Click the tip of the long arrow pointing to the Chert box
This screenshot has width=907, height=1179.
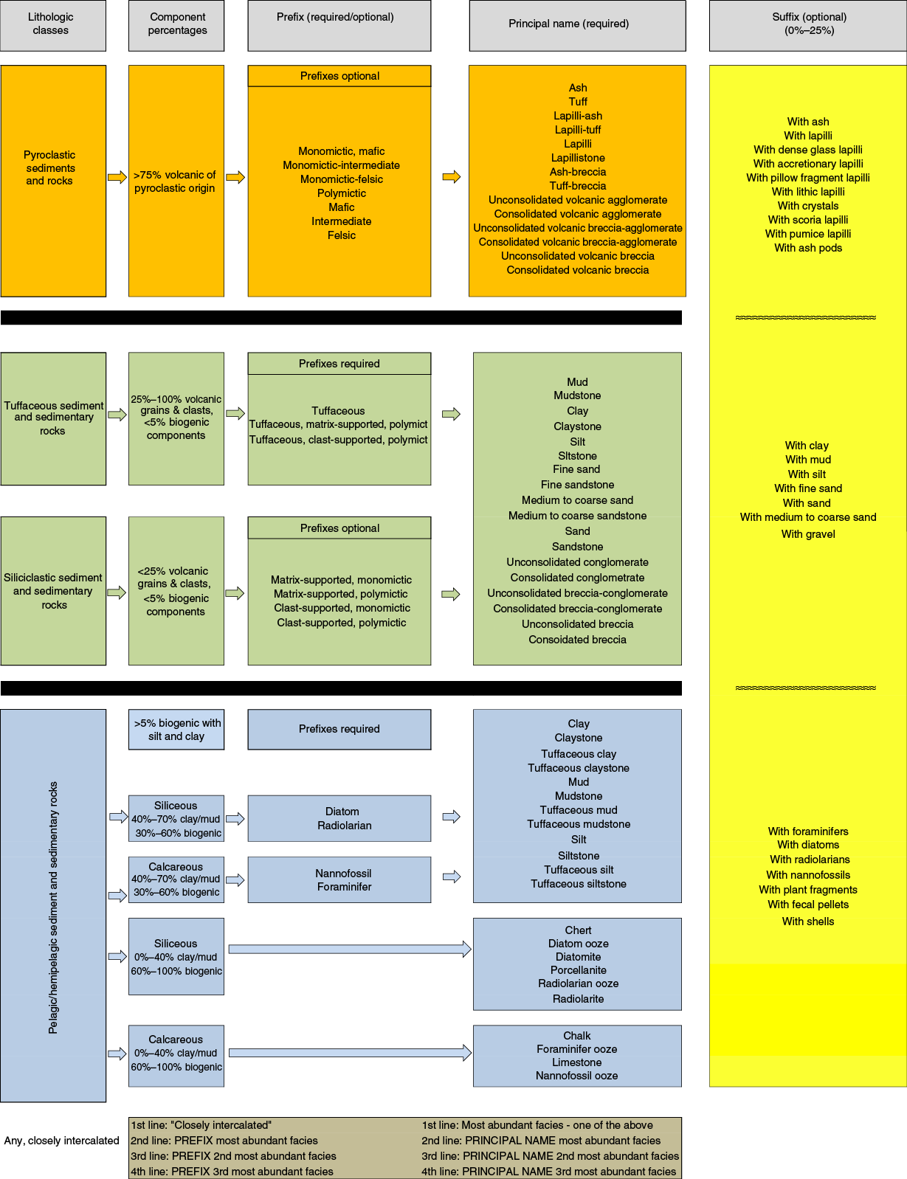471,949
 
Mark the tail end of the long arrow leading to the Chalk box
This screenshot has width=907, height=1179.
229,1053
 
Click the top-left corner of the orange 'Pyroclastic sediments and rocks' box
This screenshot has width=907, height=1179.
1,66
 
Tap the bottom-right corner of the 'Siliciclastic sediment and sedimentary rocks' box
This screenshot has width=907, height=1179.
106,665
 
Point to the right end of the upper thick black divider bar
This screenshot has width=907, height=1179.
681,317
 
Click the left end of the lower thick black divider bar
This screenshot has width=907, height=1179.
1,688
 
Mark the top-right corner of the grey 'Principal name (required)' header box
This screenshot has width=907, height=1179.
686,1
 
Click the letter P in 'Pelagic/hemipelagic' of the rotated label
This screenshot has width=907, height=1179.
52,1029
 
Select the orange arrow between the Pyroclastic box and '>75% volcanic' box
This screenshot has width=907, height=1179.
117,177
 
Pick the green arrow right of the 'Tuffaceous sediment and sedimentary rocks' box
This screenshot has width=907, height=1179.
117,415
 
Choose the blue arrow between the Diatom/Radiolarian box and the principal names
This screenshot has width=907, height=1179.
452,817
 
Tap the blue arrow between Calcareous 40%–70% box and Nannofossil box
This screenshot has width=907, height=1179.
235,879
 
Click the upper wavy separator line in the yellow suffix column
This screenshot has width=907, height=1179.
806,317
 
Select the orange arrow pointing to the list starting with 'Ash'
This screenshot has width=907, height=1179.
452,176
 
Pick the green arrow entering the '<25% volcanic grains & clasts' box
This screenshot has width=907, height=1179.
117,592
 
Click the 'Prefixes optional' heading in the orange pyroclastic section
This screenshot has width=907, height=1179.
339,76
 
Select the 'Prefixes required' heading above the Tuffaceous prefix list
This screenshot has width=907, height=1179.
339,364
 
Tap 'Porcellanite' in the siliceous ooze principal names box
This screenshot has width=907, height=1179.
579,970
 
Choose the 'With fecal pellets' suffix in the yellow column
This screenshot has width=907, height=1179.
807,905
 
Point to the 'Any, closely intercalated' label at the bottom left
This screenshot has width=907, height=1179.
61,1141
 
